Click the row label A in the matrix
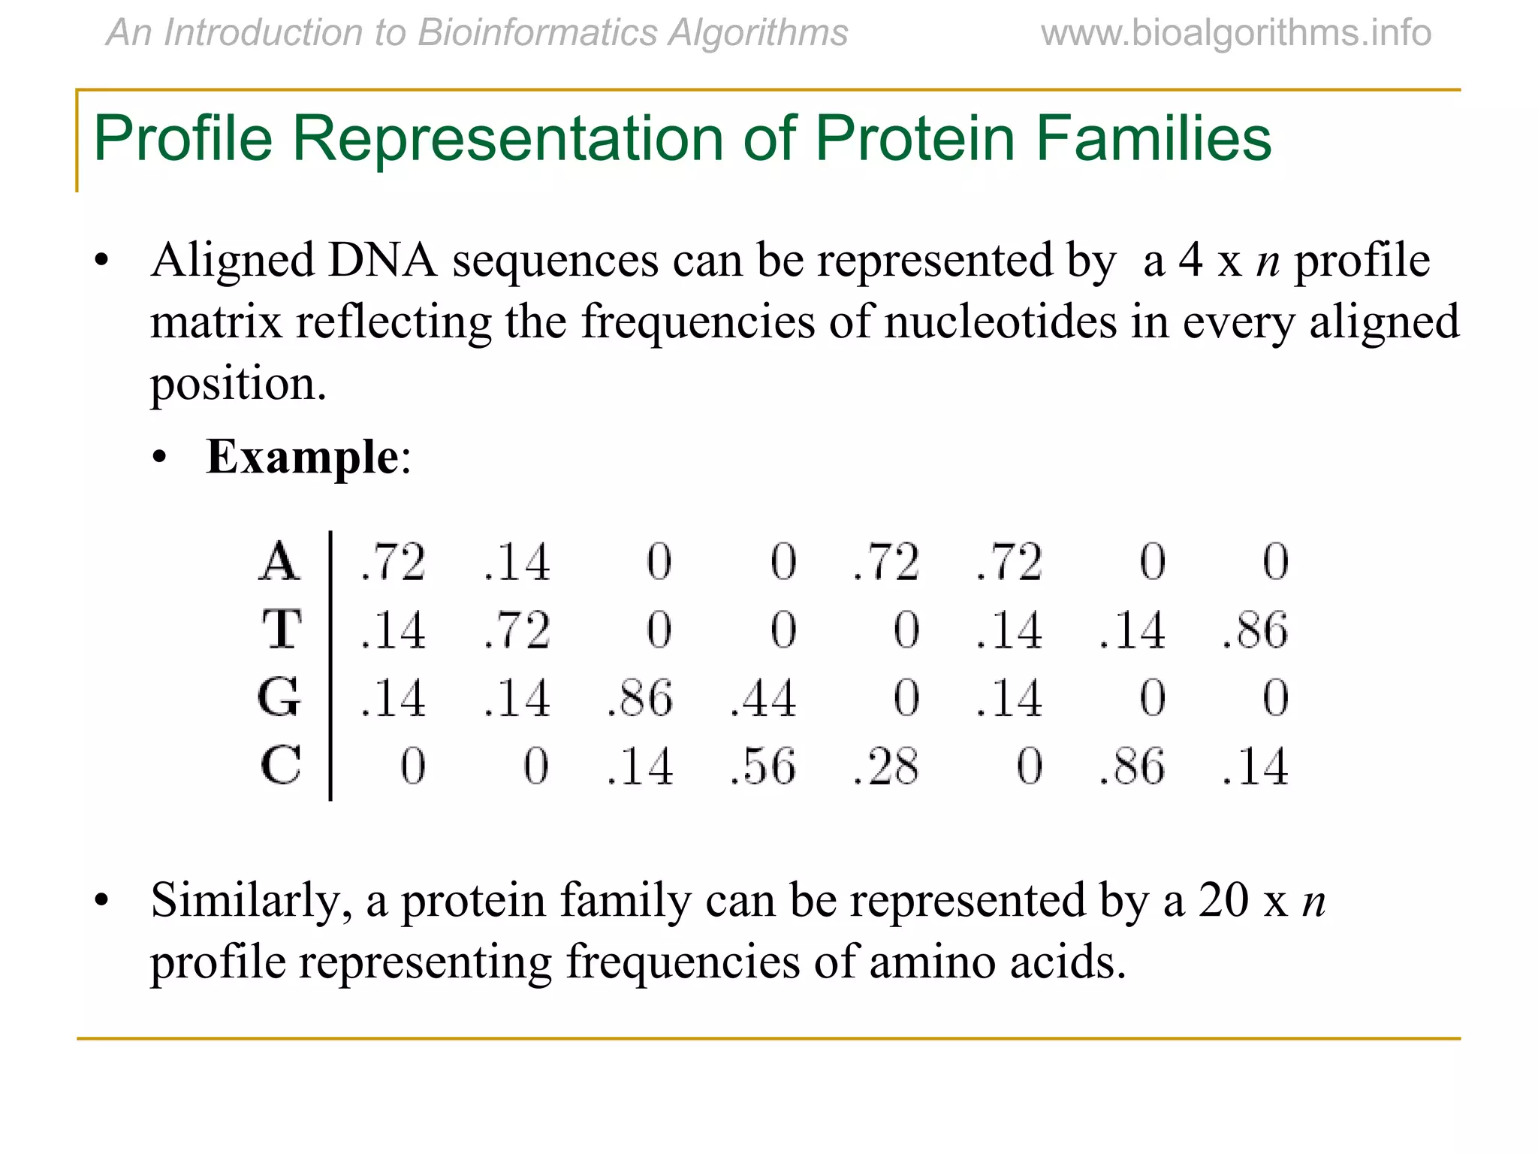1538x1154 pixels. [279, 561]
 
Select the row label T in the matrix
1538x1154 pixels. [282, 629]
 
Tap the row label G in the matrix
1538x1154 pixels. [279, 697]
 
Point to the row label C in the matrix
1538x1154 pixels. [281, 766]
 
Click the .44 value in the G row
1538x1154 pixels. [763, 698]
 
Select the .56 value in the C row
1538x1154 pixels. [763, 766]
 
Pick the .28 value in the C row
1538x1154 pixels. [886, 766]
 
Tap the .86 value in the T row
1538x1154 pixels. [1255, 630]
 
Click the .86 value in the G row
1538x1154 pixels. [640, 698]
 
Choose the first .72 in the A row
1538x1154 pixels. [393, 562]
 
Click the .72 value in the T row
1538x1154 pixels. [517, 630]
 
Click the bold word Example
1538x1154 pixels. [303, 456]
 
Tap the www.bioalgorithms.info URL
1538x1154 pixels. [1235, 33]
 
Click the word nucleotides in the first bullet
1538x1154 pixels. [1000, 322]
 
